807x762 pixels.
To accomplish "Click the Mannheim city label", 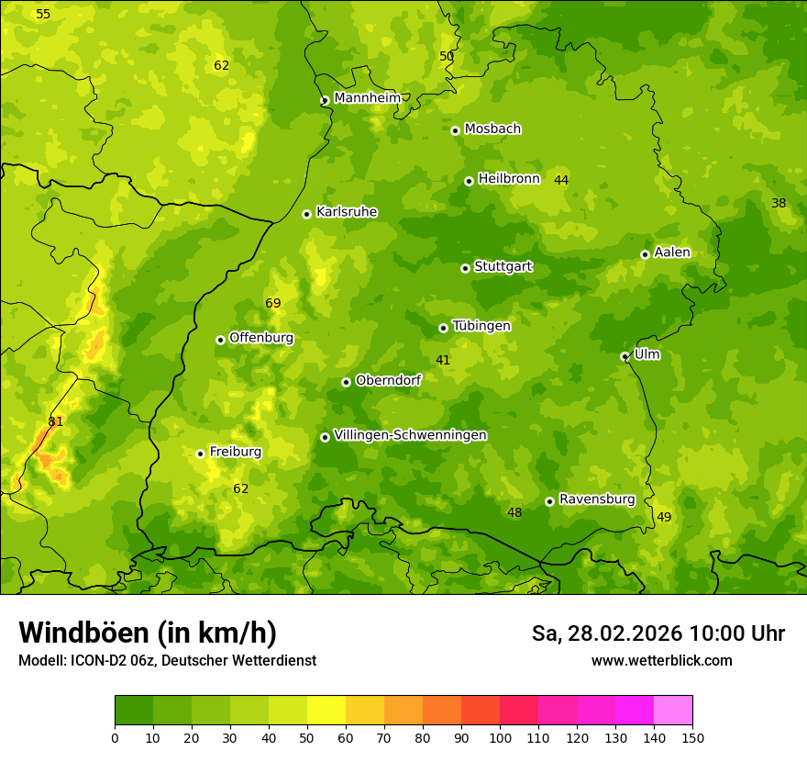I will tap(367, 98).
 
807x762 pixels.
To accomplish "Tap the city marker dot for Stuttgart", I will tap(465, 268).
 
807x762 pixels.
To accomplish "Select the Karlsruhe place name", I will tap(346, 212).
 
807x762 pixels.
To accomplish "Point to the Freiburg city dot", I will tap(200, 454).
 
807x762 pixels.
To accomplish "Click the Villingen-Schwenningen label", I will tap(410, 435).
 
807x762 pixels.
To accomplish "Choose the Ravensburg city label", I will tap(596, 499).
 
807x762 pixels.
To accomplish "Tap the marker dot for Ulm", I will tap(625, 356).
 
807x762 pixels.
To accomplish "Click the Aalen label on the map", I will tap(671, 252).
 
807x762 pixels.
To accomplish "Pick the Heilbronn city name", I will tap(509, 179).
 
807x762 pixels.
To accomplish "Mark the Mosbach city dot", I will tap(455, 130).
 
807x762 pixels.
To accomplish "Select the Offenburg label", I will tap(260, 338).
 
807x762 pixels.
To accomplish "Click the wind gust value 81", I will tap(56, 421).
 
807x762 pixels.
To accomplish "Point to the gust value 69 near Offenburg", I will tap(273, 304).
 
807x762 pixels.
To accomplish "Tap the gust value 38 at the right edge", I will tap(779, 203).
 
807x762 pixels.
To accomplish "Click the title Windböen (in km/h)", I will tap(148, 633).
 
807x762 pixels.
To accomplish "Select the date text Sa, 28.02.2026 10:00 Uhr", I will tap(658, 633).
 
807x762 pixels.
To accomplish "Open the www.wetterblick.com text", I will tap(661, 660).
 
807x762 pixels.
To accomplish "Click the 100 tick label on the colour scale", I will tap(500, 737).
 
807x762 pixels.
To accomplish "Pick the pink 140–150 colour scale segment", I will tap(673, 711).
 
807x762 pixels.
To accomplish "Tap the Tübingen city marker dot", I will tap(443, 328).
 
